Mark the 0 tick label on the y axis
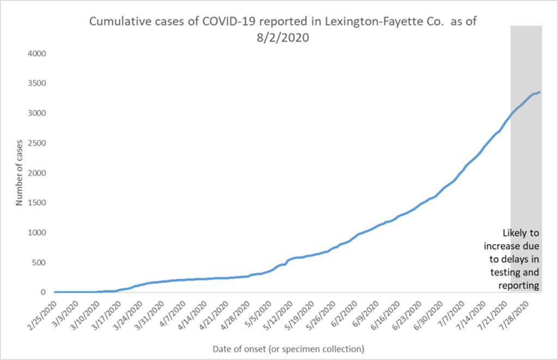pyautogui.click(x=46, y=292)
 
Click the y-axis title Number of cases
pyautogui.click(x=19, y=173)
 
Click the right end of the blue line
pyautogui.click(x=539, y=92)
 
